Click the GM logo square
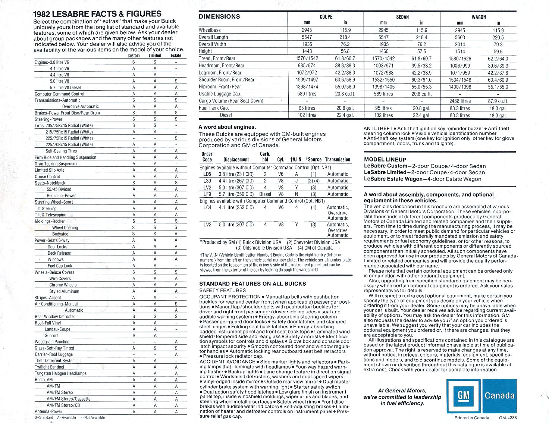(x=463, y=396)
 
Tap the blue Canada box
(x=499, y=396)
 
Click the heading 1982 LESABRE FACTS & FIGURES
(x=97, y=14)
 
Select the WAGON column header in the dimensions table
(x=479, y=17)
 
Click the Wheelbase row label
(x=210, y=30)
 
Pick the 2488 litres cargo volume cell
(x=460, y=101)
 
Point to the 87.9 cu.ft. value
(x=498, y=101)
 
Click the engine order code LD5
(x=207, y=174)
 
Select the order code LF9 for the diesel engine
(x=207, y=194)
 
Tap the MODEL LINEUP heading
(x=385, y=159)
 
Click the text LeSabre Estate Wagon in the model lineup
(x=392, y=179)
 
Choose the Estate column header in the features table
(x=176, y=56)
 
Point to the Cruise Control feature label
(x=47, y=176)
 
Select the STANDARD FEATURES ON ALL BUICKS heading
(x=252, y=283)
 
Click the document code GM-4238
(x=508, y=418)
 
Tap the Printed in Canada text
(x=471, y=418)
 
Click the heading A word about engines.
(x=227, y=127)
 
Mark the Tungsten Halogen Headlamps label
(x=60, y=373)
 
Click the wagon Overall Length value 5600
(x=460, y=37)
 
